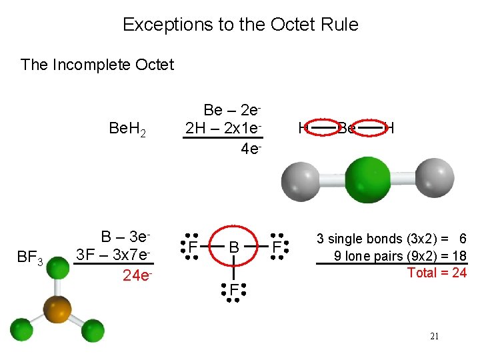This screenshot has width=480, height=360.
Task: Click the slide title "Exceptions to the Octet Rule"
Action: pyautogui.click(x=240, y=25)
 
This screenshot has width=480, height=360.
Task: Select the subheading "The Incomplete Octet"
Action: pyautogui.click(x=97, y=65)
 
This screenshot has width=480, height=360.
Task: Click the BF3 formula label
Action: pyautogui.click(x=29, y=257)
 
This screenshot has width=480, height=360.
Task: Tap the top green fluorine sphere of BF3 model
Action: pyautogui.click(x=59, y=270)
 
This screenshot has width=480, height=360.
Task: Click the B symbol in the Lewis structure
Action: pyautogui.click(x=233, y=248)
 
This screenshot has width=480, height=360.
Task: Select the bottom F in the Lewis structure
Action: pyautogui.click(x=234, y=290)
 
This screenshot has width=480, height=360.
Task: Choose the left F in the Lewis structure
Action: pyautogui.click(x=191, y=248)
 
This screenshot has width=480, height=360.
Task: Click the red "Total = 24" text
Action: pyautogui.click(x=437, y=273)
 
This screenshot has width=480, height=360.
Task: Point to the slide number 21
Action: pyautogui.click(x=435, y=337)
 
